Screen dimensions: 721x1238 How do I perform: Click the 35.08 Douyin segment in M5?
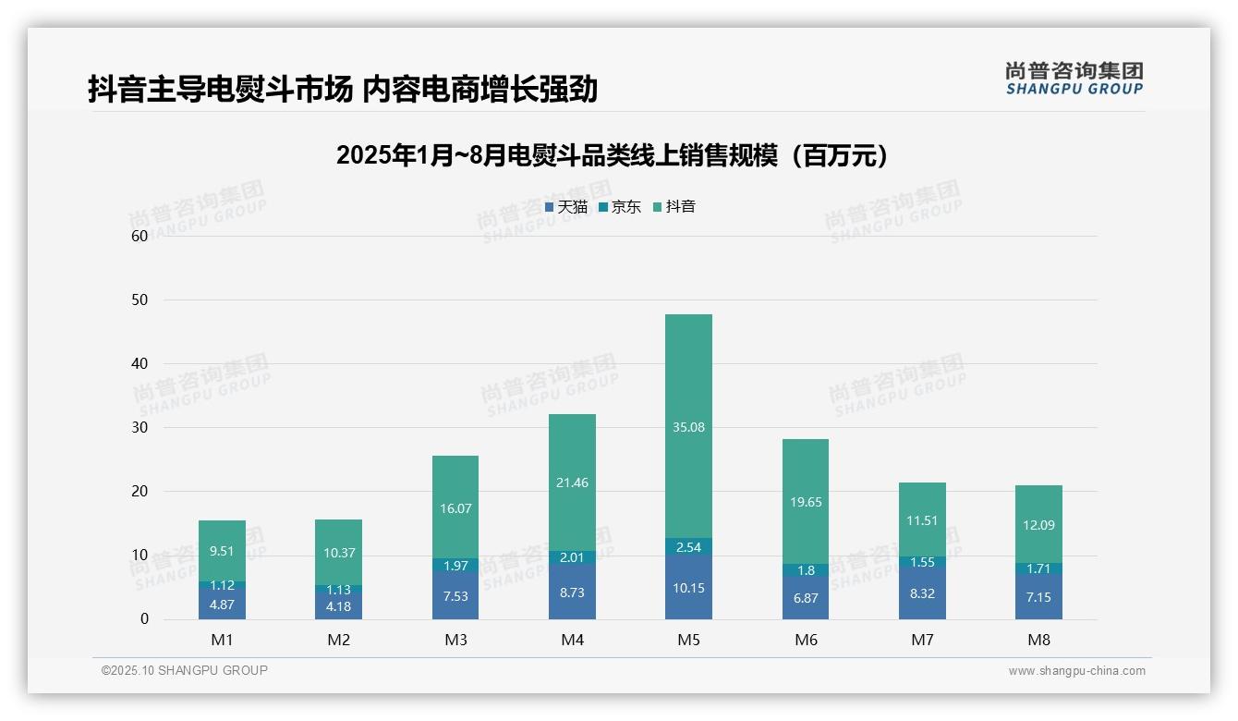(688, 426)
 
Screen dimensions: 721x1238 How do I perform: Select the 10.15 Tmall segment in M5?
(688, 588)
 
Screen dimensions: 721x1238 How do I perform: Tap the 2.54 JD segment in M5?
(688, 546)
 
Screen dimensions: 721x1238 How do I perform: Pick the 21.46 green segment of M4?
(572, 483)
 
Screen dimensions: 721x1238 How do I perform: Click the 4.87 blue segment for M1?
(222, 605)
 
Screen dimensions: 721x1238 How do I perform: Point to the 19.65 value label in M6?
(805, 502)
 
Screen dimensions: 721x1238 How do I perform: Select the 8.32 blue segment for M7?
(921, 593)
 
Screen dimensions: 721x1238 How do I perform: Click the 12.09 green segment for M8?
(1038, 524)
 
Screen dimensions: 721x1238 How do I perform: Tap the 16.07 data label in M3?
(455, 507)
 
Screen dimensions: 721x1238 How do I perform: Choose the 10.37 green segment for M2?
(338, 552)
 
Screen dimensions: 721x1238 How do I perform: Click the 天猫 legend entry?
(566, 207)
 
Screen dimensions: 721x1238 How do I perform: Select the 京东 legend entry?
(620, 207)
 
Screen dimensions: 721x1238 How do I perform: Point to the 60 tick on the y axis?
(140, 236)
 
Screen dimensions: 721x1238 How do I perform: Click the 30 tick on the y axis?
(140, 427)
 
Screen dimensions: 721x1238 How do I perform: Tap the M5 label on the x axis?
(688, 640)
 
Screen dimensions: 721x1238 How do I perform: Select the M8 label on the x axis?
(1038, 640)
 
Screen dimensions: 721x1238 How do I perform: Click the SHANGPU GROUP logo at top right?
(1074, 79)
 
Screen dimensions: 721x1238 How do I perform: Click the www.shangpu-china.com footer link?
(1076, 671)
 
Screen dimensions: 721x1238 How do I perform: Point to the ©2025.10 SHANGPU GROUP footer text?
(185, 670)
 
